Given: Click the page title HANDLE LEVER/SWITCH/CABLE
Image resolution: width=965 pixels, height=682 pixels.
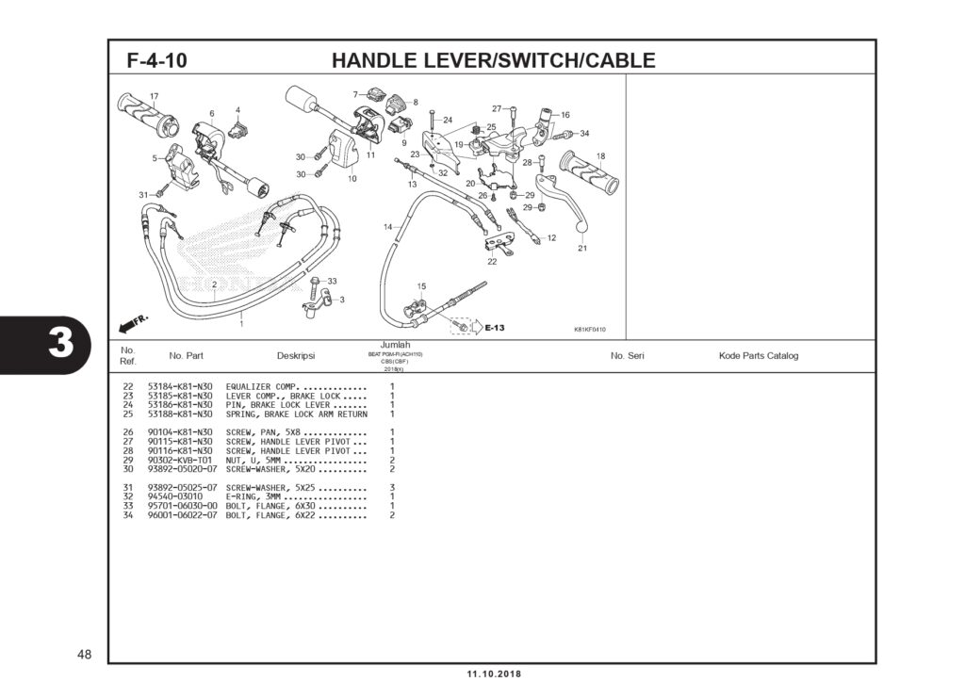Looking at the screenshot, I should [493, 61].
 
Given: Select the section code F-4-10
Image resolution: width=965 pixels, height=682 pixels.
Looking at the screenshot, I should [156, 61].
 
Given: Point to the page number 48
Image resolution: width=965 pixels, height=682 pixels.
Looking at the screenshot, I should [85, 654].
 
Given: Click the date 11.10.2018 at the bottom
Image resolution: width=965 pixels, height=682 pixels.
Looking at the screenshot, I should [493, 674].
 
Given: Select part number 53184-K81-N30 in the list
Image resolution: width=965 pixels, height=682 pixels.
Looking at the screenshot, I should [180, 387].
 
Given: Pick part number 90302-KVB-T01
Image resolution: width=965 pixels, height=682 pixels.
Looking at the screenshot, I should [180, 460].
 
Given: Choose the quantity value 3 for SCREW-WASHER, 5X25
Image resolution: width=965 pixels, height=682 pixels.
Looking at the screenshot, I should [392, 487].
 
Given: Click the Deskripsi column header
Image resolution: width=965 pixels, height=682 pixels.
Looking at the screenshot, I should [296, 356].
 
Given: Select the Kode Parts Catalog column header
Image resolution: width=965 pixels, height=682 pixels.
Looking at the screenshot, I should [758, 356].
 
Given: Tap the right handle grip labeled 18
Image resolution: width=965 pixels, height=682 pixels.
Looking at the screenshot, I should [589, 172].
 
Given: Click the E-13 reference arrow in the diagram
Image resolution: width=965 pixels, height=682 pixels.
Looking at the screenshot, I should [489, 328].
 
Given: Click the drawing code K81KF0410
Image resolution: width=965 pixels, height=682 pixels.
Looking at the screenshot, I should [590, 330].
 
